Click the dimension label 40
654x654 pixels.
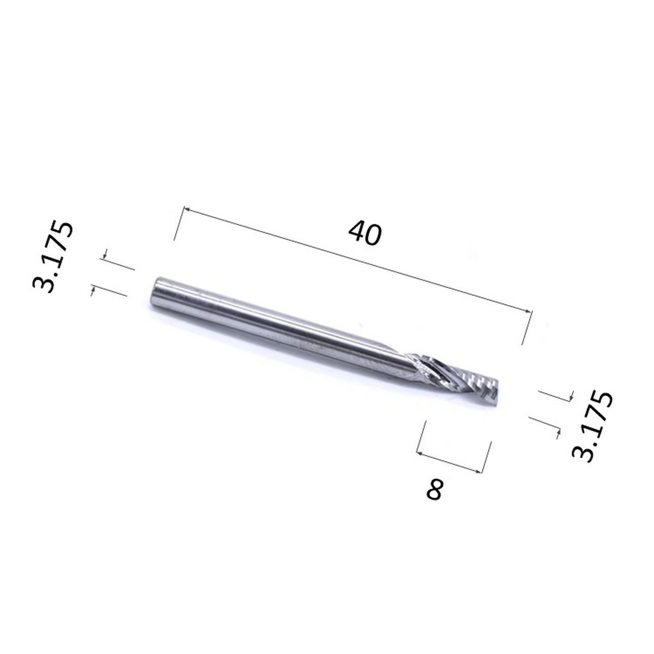[365, 233]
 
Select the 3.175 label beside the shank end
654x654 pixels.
[53, 257]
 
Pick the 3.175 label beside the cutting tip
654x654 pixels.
[592, 426]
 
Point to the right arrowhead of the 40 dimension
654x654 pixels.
[528, 311]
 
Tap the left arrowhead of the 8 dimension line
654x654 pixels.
[420, 453]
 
